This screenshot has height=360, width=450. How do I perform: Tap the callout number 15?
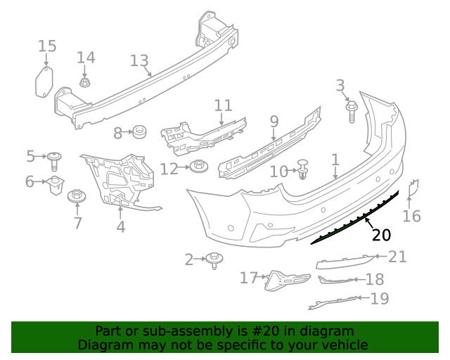tap(47, 46)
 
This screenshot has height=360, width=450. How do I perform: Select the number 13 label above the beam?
tap(139, 60)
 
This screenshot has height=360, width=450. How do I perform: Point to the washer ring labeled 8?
tap(139, 131)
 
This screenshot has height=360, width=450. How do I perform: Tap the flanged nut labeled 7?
tap(76, 196)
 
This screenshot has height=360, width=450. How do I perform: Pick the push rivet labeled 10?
tap(303, 169)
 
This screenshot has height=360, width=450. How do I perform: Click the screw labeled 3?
tap(352, 111)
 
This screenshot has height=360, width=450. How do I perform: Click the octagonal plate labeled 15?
tap(45, 80)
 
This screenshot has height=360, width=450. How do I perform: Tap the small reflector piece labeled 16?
tap(414, 188)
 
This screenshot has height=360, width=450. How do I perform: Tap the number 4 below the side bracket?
tap(121, 226)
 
